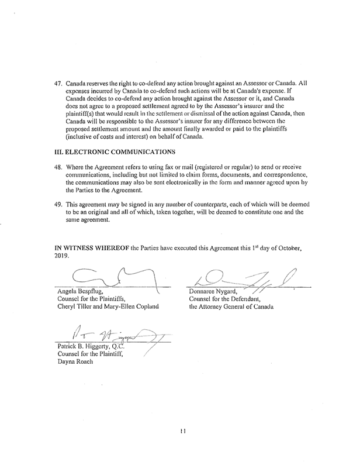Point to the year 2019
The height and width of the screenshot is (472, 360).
click(x=58, y=256)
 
